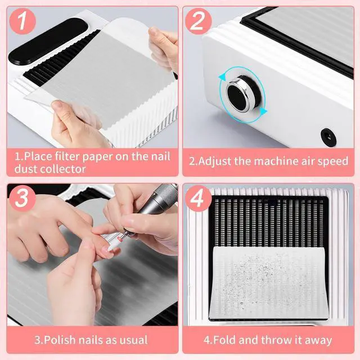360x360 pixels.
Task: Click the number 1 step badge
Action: (22, 21)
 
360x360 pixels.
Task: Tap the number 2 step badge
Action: (198, 21)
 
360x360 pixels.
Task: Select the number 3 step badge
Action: (22, 199)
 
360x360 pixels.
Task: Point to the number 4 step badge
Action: (198, 199)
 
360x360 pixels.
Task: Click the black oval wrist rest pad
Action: (48, 41)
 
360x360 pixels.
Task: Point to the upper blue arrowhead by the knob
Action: (222, 78)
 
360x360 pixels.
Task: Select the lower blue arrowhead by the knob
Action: (264, 111)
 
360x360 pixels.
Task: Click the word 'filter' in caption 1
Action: (67, 156)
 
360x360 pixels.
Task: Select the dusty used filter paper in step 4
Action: (269, 282)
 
